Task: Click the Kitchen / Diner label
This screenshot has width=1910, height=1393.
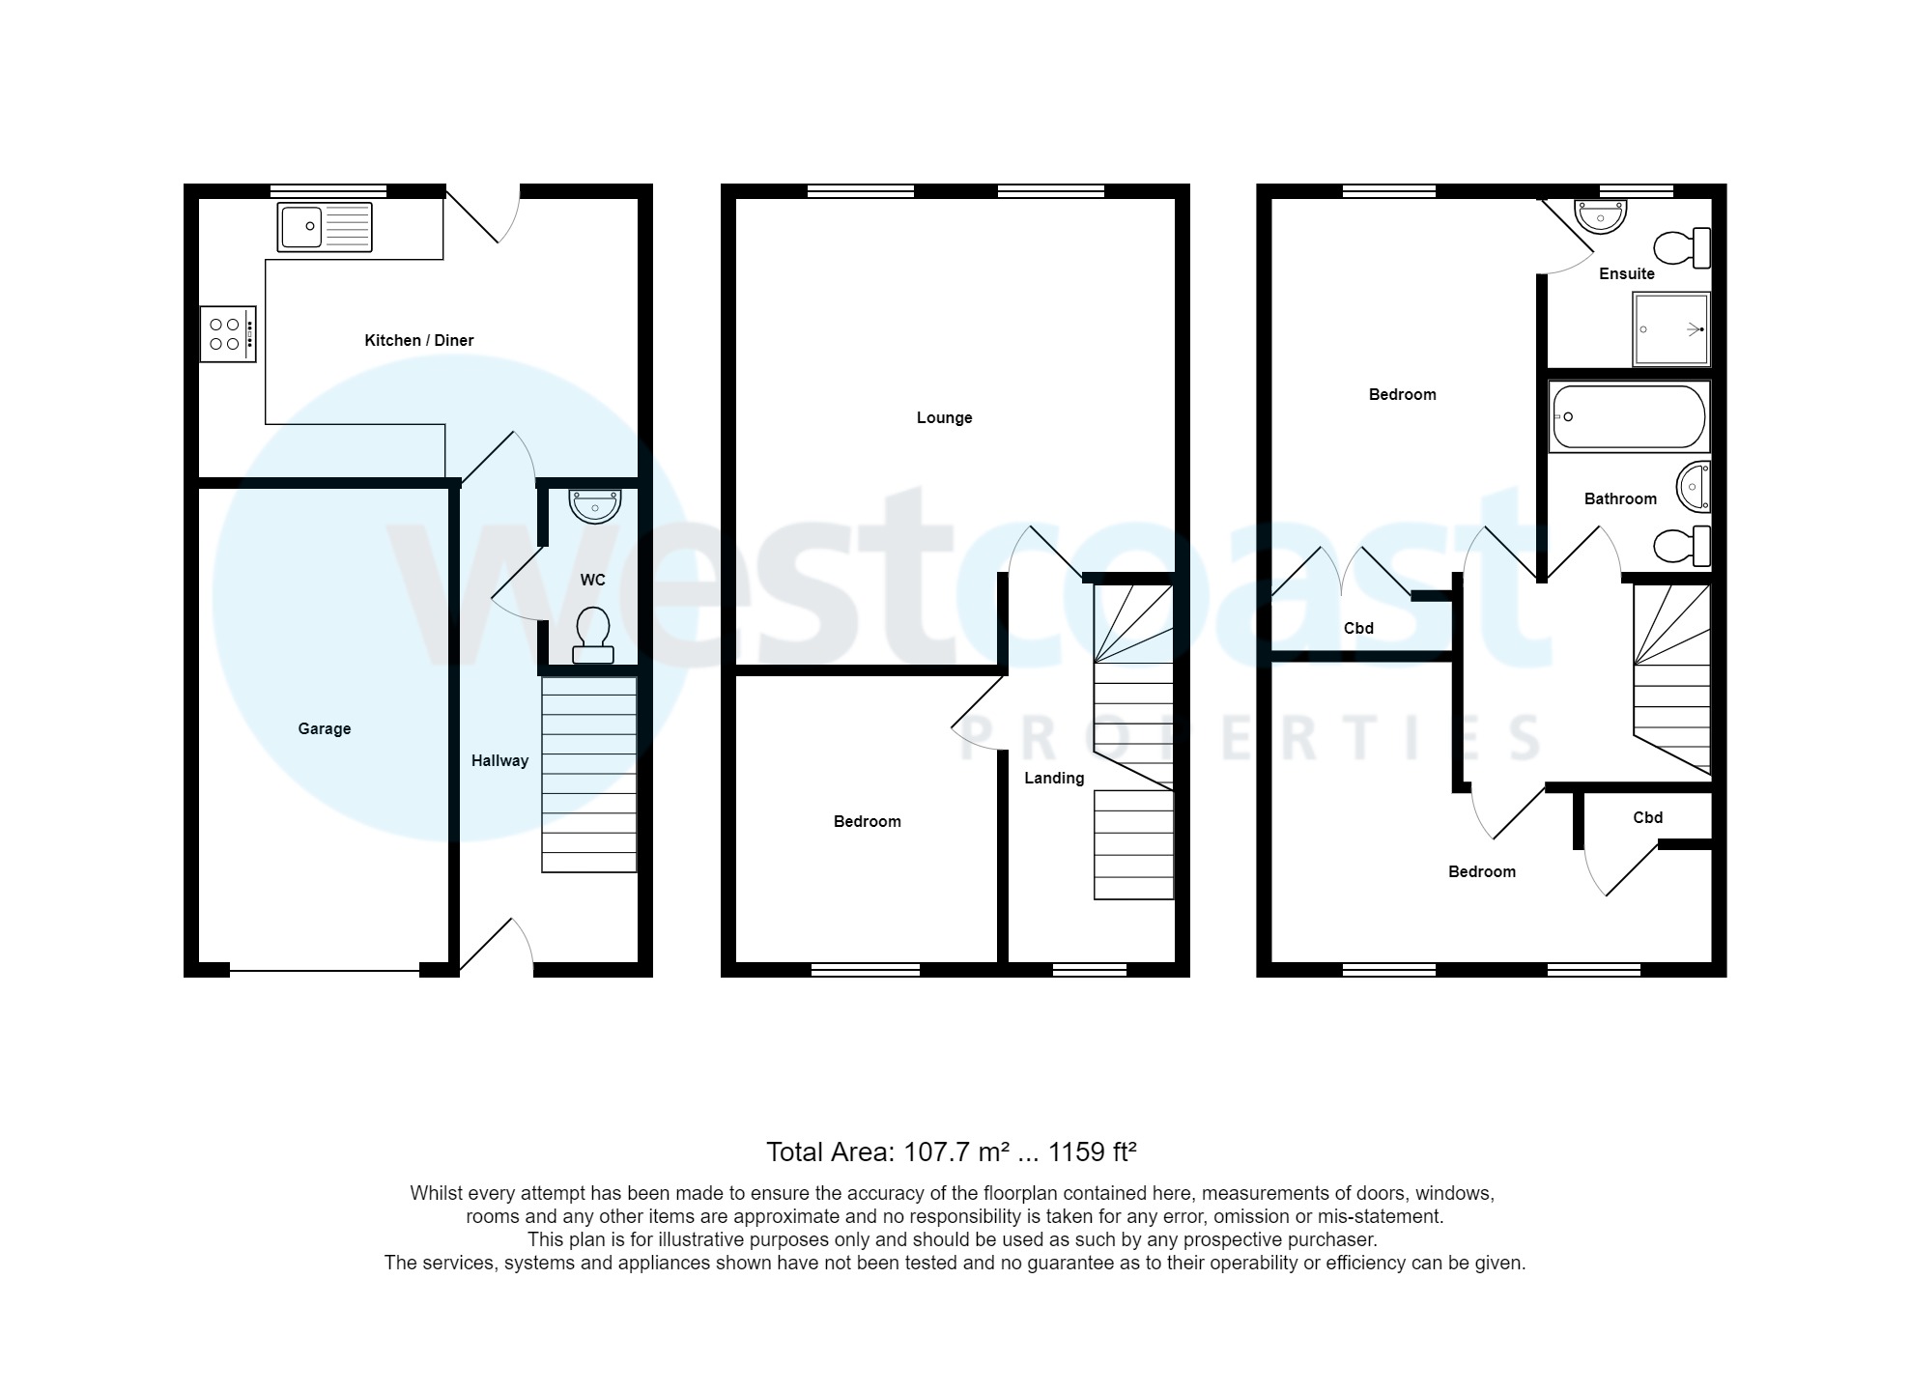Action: click(x=418, y=340)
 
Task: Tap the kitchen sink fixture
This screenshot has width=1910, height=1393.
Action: click(x=324, y=227)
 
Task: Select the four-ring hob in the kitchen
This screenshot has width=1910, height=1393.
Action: click(x=228, y=334)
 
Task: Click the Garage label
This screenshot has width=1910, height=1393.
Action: click(x=324, y=728)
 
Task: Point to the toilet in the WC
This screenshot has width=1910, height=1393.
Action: click(x=592, y=635)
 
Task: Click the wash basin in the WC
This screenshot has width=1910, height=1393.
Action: click(x=595, y=505)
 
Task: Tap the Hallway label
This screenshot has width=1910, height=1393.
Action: click(x=499, y=760)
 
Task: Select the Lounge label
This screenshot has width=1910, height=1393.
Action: click(x=944, y=417)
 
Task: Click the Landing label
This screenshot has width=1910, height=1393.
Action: click(x=1054, y=778)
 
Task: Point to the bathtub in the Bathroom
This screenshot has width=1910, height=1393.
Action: click(x=1628, y=417)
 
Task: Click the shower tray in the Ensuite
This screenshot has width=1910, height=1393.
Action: click(x=1670, y=329)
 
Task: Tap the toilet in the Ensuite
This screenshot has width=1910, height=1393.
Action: click(x=1682, y=248)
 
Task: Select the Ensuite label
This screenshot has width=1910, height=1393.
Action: click(x=1626, y=273)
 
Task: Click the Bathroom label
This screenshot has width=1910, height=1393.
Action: click(x=1620, y=498)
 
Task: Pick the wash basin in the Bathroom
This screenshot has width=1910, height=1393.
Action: click(x=1695, y=486)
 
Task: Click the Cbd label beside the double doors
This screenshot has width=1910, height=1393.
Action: click(x=1357, y=628)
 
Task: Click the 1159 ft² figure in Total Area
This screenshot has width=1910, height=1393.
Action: click(x=1092, y=1151)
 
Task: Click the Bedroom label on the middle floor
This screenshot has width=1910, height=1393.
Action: click(x=867, y=821)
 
